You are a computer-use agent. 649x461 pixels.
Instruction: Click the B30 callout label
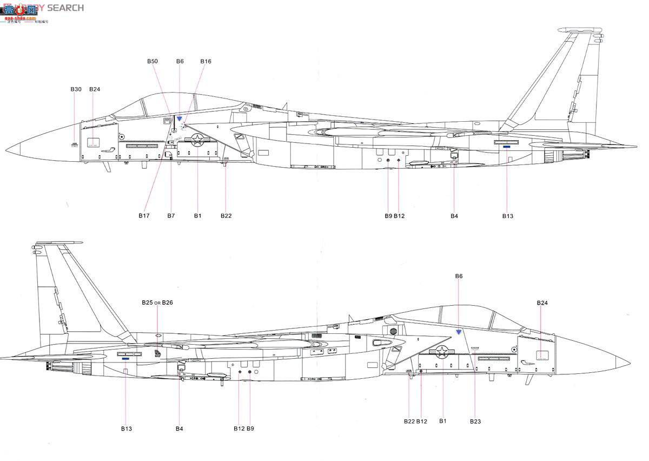click(76, 89)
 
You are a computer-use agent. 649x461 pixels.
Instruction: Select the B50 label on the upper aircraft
click(153, 62)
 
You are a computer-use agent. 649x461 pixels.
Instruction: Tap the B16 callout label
click(206, 62)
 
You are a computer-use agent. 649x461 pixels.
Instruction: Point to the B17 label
click(143, 216)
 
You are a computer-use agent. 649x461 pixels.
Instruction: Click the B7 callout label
click(171, 216)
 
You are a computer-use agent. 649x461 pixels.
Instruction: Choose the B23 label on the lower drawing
click(475, 422)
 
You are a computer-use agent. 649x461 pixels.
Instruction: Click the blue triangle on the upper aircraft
click(180, 118)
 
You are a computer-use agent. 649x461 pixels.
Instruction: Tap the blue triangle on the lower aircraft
click(459, 332)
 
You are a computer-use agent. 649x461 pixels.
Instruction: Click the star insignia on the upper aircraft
click(198, 140)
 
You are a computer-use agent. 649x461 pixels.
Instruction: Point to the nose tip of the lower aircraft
click(630, 361)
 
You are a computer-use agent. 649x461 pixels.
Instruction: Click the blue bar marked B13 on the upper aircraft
click(507, 147)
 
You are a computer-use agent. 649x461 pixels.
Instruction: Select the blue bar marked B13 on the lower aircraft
click(125, 358)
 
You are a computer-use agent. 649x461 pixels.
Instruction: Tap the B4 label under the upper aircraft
click(454, 216)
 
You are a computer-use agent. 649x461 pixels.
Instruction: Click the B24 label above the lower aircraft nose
click(542, 303)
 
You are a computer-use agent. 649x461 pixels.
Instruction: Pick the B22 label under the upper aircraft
click(226, 216)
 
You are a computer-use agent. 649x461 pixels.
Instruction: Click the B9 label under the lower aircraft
click(250, 429)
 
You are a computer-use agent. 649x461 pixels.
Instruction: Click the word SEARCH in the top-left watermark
click(65, 8)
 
